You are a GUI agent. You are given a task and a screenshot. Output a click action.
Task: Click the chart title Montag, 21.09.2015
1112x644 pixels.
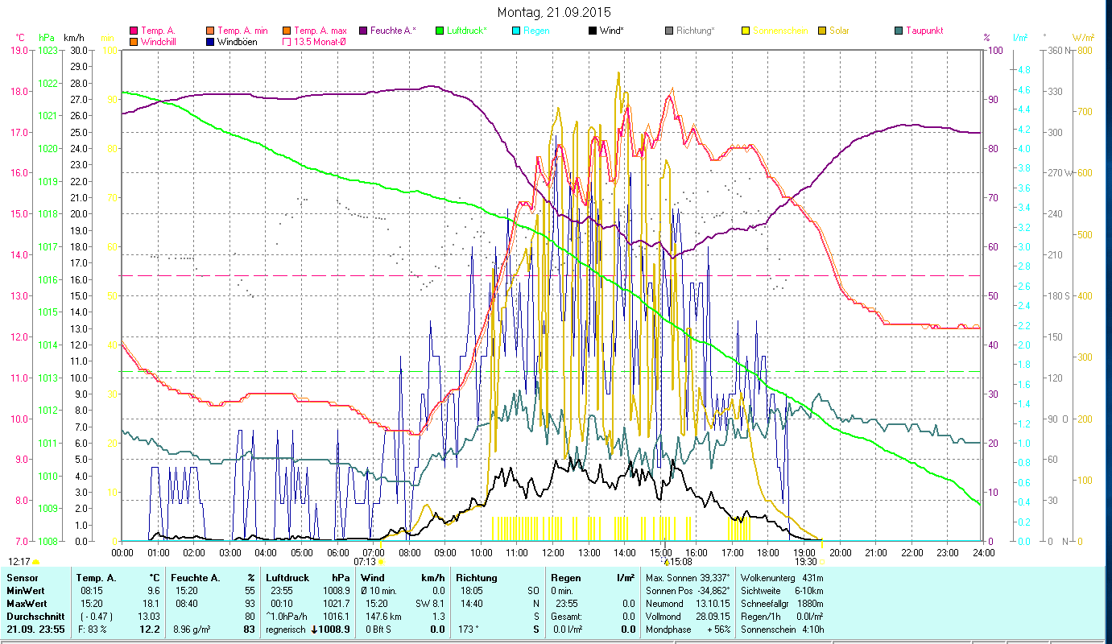click(554, 12)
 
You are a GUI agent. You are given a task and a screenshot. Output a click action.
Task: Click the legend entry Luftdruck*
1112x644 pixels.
click(466, 31)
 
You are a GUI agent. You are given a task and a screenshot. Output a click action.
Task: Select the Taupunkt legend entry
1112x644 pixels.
click(924, 31)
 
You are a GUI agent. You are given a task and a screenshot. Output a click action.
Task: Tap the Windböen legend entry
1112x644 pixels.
click(237, 42)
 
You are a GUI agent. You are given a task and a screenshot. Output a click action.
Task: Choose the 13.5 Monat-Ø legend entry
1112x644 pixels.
click(321, 42)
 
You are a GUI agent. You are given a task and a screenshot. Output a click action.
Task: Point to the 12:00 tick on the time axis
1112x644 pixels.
click(553, 553)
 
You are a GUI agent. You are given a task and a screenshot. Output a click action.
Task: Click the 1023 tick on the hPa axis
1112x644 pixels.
click(48, 51)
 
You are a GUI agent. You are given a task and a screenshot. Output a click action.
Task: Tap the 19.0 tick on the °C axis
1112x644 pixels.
click(19, 51)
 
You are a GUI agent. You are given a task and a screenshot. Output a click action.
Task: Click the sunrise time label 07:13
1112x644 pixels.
click(365, 562)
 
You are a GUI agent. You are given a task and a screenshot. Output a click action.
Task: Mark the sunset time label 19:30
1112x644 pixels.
click(805, 562)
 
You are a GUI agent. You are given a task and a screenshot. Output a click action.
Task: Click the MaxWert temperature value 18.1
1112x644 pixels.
click(151, 603)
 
